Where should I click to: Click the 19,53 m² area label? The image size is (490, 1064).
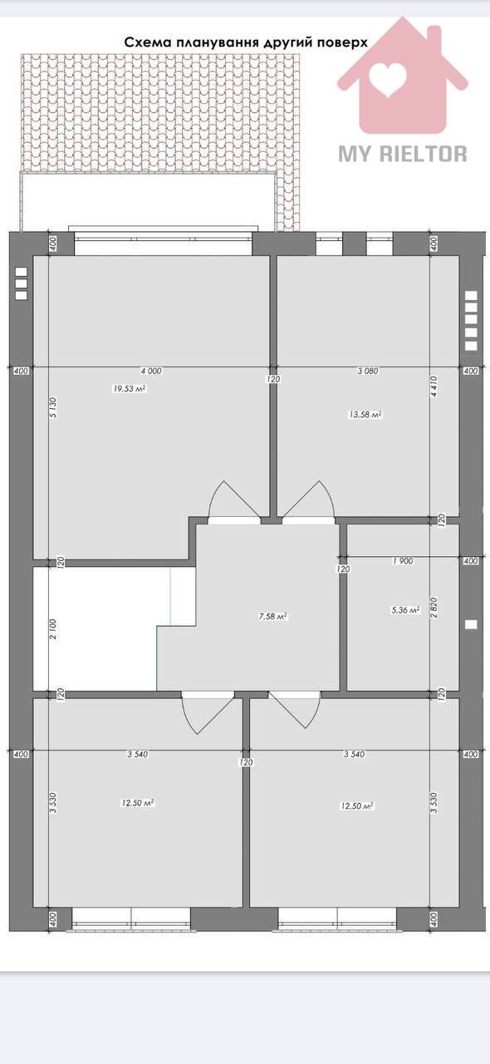pos(129,388)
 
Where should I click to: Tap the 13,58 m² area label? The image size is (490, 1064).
pos(365,415)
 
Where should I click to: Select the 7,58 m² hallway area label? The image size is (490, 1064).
pos(273,617)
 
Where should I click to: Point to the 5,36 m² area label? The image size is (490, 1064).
pos(405,610)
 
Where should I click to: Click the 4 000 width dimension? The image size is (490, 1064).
pos(151,371)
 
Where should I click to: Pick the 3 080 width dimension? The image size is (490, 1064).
pos(368,371)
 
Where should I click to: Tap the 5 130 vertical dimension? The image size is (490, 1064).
pos(53,407)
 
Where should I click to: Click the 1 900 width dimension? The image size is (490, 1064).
pos(403,561)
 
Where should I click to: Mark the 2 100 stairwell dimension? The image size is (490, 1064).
pos(53,628)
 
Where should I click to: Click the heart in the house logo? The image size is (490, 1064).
pos(389,79)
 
